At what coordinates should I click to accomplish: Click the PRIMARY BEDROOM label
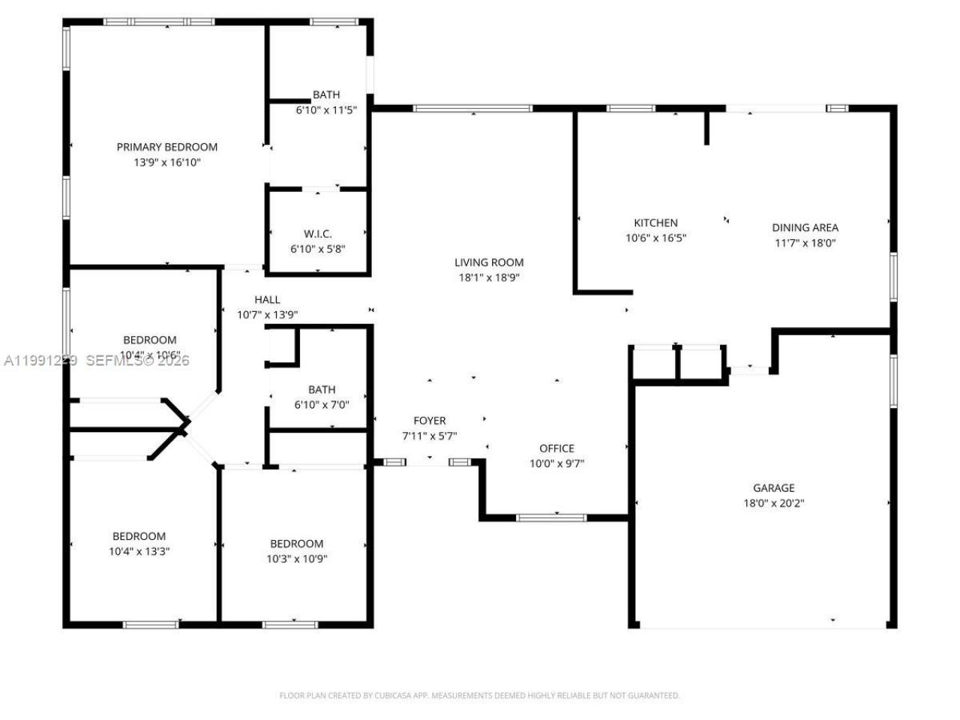pos(166,147)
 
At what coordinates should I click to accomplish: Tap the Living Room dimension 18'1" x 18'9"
pos(489,277)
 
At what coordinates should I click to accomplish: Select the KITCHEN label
pos(655,223)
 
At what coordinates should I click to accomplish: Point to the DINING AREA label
pos(805,227)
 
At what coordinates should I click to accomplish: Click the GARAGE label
pos(773,487)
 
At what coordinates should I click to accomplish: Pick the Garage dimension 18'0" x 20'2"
pos(773,503)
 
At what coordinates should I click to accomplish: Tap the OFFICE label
pos(556,448)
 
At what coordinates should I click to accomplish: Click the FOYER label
pos(430,421)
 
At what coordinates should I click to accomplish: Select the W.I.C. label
pos(317,234)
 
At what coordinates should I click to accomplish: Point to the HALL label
pos(267,300)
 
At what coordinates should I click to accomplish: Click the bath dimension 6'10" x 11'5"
pos(325,109)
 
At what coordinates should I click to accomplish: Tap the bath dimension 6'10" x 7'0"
pos(322,405)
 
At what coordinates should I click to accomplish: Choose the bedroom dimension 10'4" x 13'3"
pos(139,551)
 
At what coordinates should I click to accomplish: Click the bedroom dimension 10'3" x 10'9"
pos(296,559)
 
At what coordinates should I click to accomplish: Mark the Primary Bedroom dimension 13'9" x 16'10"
pos(166,162)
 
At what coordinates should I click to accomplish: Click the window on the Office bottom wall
pos(552,517)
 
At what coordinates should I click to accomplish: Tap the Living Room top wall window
pos(472,109)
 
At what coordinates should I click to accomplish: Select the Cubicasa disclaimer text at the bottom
pos(479,695)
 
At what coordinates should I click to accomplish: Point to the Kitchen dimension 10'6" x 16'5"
pos(655,238)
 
